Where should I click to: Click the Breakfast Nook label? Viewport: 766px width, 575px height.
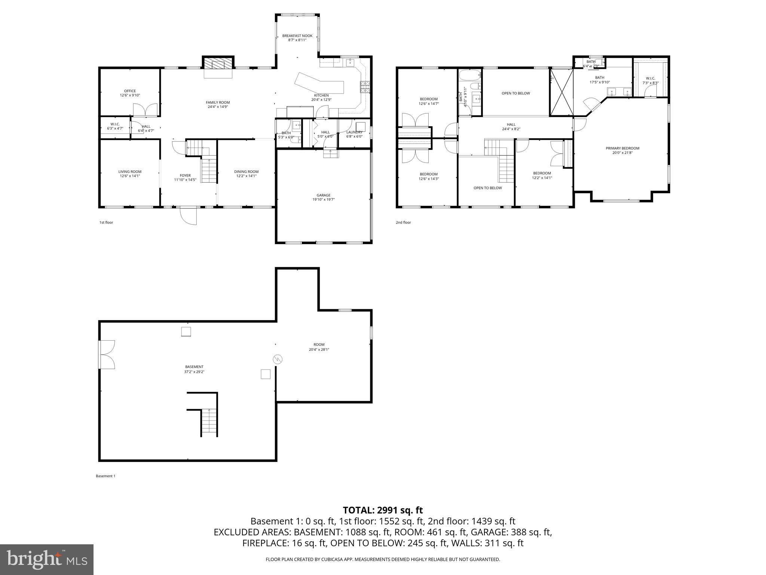coord(297,36)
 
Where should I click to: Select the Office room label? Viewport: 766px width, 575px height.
coord(130,91)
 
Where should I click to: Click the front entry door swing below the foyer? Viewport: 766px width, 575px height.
coord(188,216)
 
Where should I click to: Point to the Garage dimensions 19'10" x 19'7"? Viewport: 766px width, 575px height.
coord(324,200)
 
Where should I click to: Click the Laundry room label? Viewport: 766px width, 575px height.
coord(354,132)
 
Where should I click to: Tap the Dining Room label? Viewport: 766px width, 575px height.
coord(246,172)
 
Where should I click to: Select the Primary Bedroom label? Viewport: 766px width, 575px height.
coord(622,148)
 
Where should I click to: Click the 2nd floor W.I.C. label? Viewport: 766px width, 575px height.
coord(650,78)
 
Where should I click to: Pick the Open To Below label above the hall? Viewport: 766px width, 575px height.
coord(516,93)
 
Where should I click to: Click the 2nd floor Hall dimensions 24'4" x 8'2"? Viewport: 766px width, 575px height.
coord(511,129)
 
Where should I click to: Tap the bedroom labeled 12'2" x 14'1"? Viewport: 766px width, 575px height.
coord(542,176)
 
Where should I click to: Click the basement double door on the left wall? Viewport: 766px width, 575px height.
coord(107,355)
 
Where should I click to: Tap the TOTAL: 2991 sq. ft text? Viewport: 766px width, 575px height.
coord(383,510)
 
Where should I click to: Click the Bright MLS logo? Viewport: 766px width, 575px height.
coord(47,559)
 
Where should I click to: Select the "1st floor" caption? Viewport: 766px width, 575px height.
coord(106,222)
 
